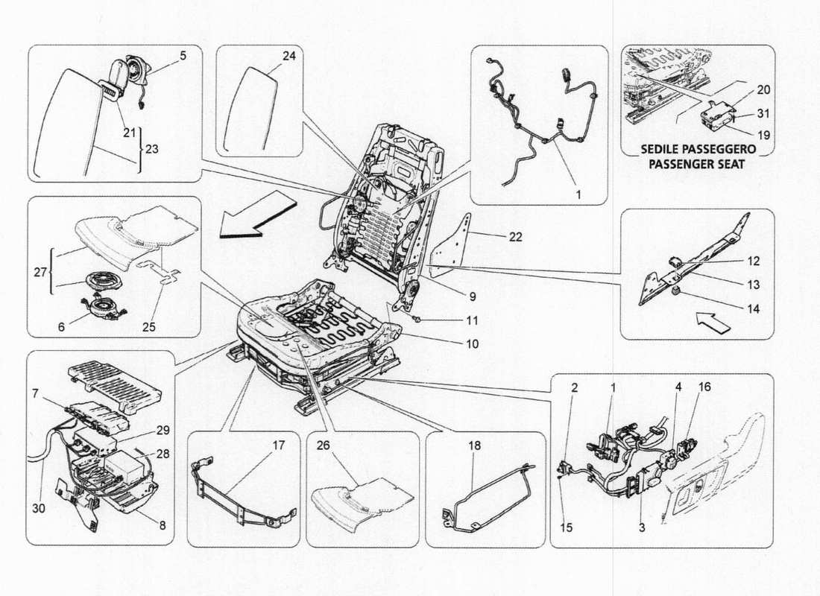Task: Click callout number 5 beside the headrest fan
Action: point(183,55)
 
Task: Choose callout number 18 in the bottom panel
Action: point(475,446)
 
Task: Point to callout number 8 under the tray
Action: point(163,524)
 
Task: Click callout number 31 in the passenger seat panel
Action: point(763,114)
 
